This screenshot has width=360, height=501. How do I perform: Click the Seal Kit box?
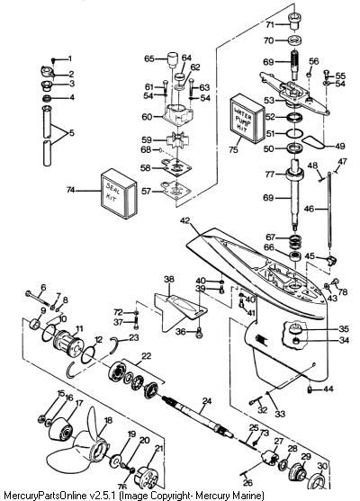click(119, 193)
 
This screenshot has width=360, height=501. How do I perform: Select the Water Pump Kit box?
click(247, 119)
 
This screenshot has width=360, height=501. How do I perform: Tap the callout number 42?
click(185, 220)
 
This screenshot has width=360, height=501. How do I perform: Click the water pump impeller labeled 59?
click(175, 140)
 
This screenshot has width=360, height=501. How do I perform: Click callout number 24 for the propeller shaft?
click(207, 400)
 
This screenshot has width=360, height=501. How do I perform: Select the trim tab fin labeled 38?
click(179, 310)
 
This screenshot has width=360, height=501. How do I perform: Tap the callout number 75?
click(233, 149)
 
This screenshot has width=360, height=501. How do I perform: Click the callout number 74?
click(70, 190)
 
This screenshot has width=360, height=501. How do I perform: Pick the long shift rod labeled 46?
click(329, 210)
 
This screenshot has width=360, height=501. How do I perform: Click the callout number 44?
click(328, 389)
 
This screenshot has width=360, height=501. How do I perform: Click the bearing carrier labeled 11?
click(68, 342)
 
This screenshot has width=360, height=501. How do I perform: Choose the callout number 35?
click(344, 329)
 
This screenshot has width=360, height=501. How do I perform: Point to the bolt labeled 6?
click(38, 298)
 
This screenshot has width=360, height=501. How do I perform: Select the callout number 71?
click(270, 24)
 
